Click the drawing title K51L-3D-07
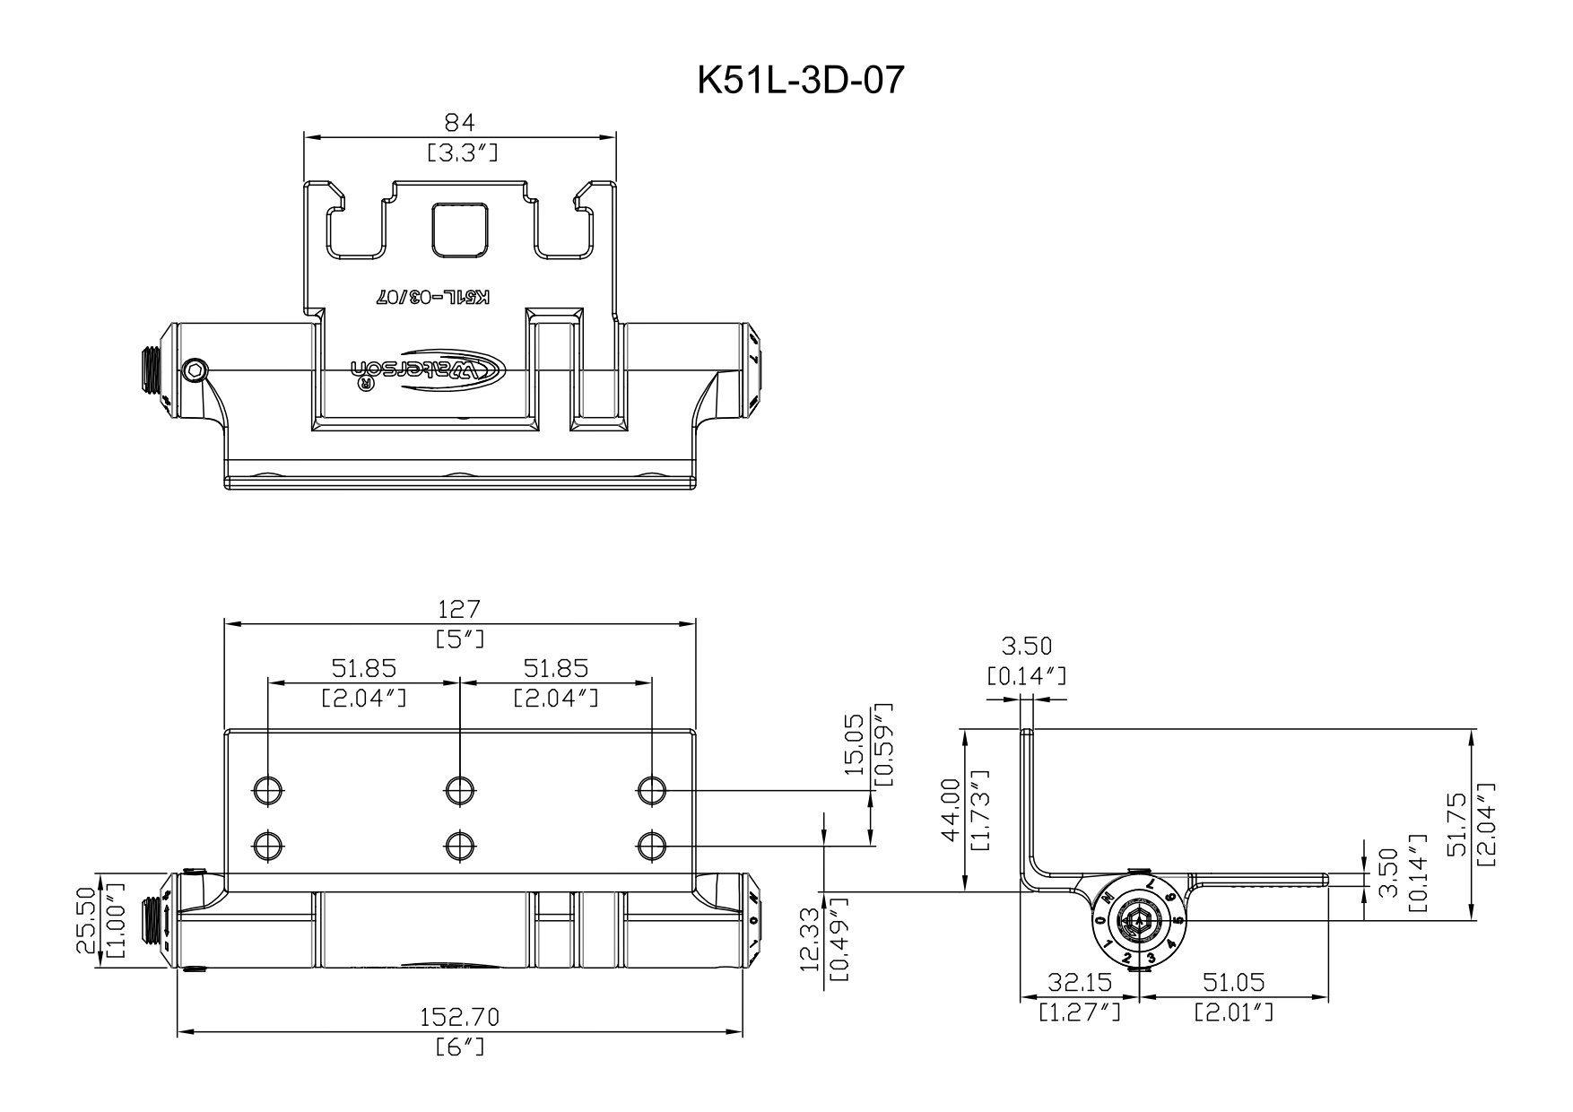click(801, 81)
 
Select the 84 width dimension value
click(459, 121)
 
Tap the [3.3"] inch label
click(459, 152)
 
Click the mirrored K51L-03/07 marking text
click(433, 297)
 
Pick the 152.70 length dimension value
click(460, 1017)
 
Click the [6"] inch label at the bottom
click(460, 1047)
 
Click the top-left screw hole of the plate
click(267, 790)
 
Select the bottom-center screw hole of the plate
click(459, 845)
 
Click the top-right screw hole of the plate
click(651, 790)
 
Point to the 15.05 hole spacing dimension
click(856, 743)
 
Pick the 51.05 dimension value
click(1233, 983)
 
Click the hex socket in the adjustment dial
click(1139, 921)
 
